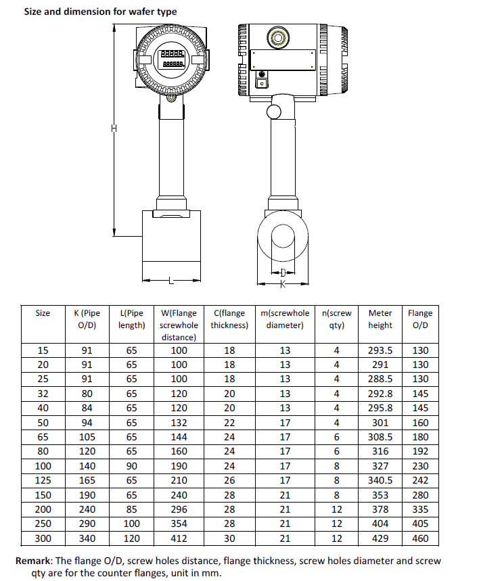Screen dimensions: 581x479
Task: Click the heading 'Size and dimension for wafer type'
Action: point(100,11)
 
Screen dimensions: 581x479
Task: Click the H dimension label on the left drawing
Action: point(114,129)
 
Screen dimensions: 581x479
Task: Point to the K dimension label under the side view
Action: point(283,284)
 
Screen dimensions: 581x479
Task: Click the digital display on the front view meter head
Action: point(171,59)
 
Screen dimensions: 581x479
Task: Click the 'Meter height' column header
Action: point(380,319)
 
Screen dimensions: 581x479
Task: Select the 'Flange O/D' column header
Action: point(419,319)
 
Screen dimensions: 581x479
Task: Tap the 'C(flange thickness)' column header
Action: point(229,319)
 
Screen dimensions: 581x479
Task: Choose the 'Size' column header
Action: point(43,313)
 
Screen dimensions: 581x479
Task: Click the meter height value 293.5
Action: point(380,350)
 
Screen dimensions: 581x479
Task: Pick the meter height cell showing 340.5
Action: point(380,480)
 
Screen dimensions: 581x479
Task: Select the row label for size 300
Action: point(43,538)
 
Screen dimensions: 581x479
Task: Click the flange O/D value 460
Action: point(419,538)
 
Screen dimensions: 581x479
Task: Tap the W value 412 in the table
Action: point(179,538)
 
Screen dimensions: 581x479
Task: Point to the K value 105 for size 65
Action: point(87,437)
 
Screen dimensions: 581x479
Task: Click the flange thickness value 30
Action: point(229,538)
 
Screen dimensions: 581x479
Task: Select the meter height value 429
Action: point(380,538)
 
